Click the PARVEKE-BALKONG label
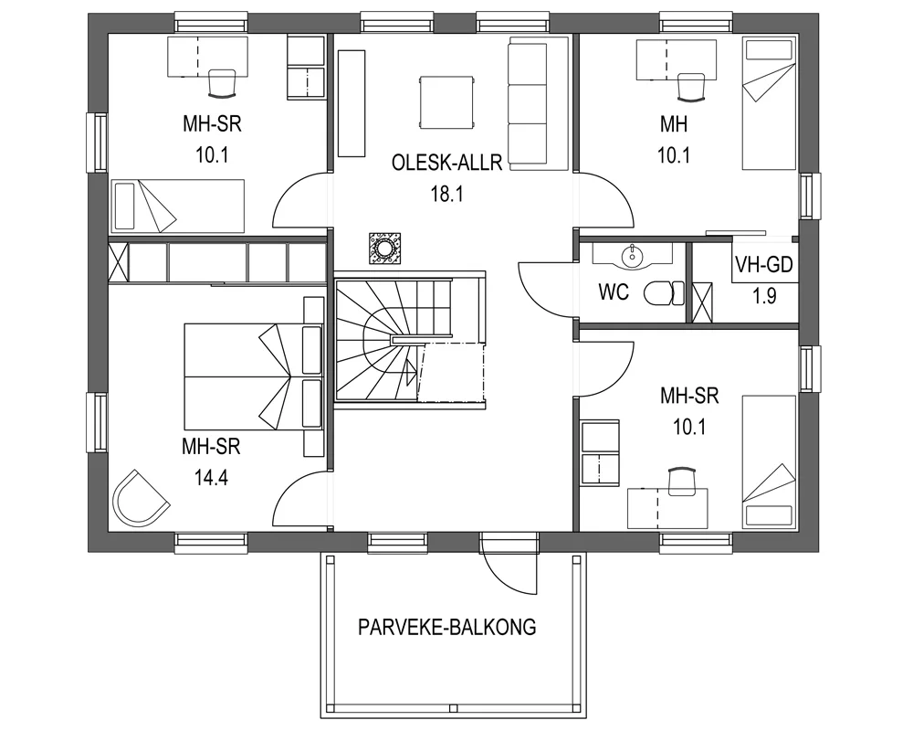[x=446, y=628]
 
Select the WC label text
[x=613, y=293]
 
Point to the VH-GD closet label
[x=764, y=266]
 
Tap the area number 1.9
[x=764, y=297]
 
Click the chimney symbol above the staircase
[x=384, y=248]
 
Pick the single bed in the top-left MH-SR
[x=179, y=204]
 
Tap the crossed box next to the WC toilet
[x=703, y=302]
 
